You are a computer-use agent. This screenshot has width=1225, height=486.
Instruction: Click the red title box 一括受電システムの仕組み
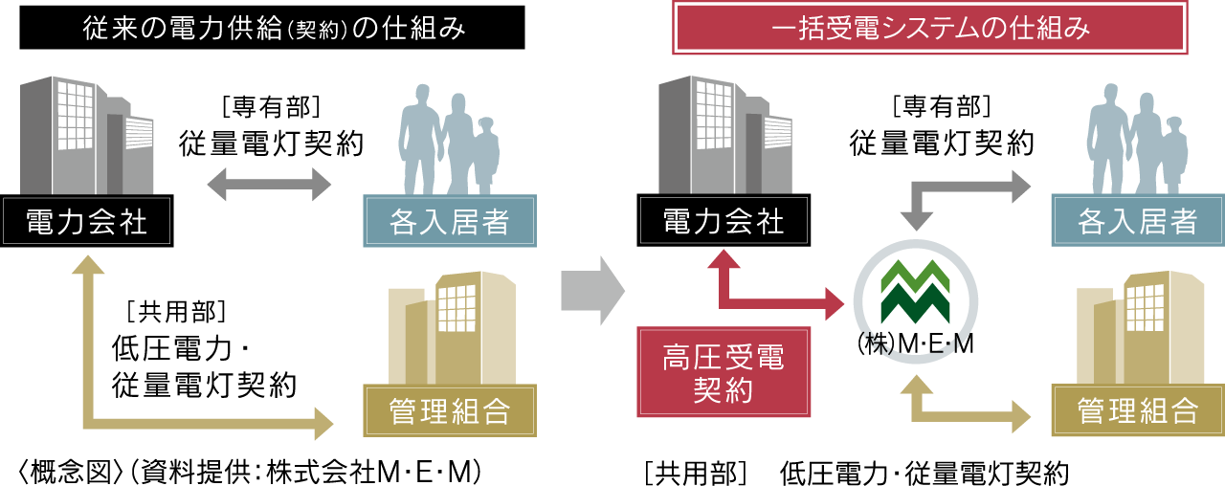coord(930,29)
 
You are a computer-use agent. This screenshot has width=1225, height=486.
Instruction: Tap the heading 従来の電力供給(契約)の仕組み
coord(274,29)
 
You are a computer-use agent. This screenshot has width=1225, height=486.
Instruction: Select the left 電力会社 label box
coord(86,221)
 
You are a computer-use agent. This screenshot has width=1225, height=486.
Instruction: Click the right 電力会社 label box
coord(724,221)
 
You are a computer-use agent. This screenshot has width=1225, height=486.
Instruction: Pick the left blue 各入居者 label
coord(450,221)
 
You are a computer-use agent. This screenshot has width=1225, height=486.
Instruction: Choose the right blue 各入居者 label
coord(1137,221)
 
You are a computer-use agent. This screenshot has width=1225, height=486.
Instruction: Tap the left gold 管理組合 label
coord(450,410)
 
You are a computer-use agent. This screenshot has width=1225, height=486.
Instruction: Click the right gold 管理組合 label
coord(1137,410)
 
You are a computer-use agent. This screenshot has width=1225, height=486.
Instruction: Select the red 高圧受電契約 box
coord(724,372)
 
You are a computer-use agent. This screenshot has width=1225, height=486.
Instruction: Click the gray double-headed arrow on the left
coord(269,184)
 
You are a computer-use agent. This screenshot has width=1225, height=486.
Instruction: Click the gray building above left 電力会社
coord(86,134)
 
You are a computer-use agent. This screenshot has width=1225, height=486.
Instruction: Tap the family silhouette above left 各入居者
coord(450,139)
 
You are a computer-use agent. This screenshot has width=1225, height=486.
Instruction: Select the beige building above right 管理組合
coord(1139,325)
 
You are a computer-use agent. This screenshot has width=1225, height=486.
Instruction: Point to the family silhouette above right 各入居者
coord(1139,139)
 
